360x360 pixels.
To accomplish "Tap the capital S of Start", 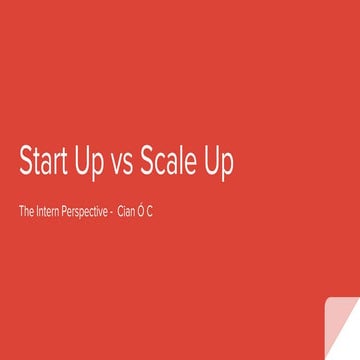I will click(x=25, y=162).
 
